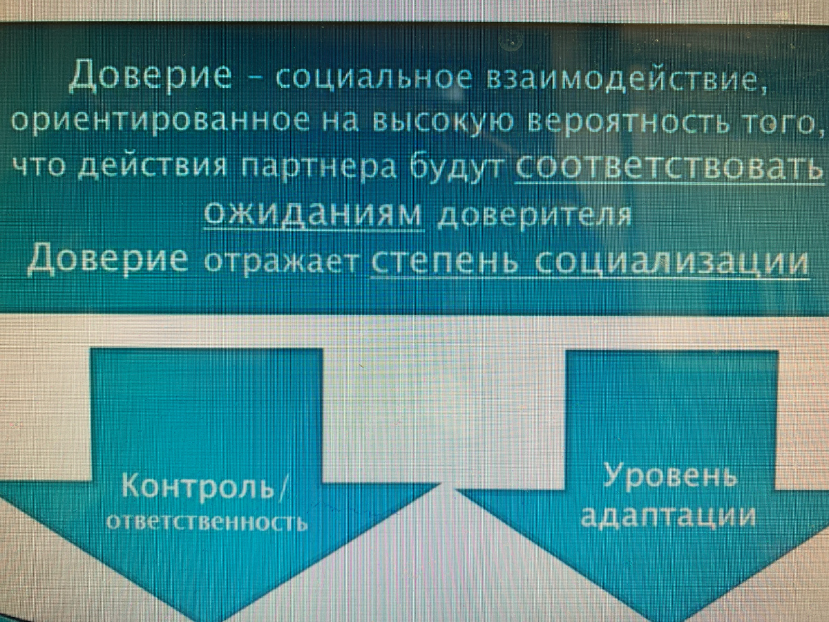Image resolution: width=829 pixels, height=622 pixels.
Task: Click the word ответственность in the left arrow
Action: tap(207, 522)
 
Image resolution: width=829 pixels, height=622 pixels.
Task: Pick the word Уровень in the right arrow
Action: tap(670, 477)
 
